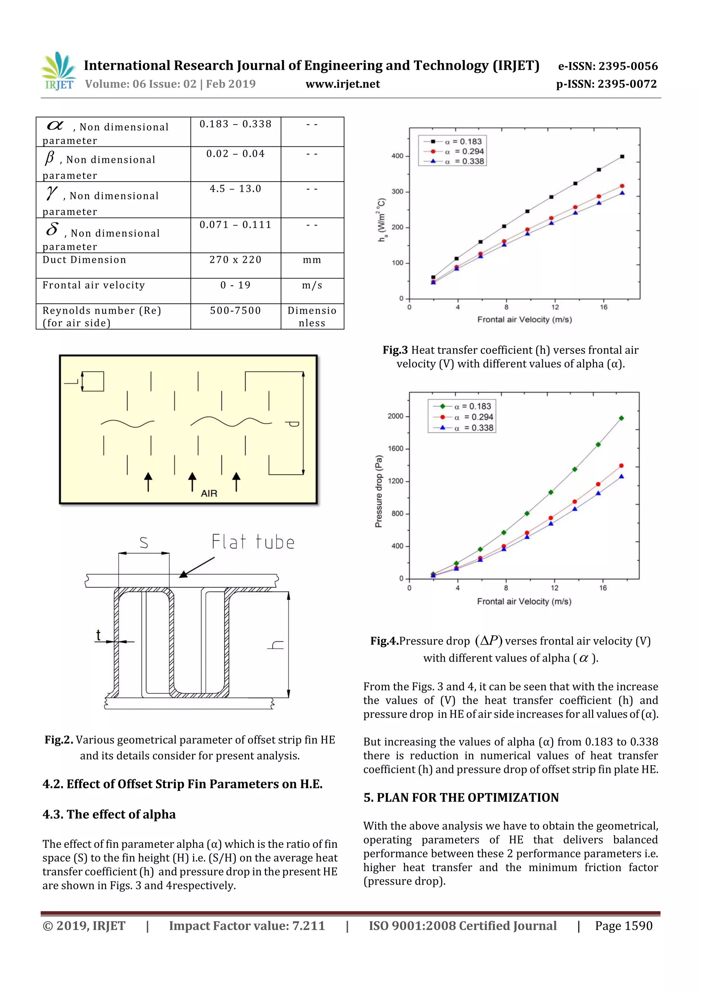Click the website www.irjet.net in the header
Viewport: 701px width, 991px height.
(x=343, y=84)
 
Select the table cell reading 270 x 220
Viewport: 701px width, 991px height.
(x=235, y=260)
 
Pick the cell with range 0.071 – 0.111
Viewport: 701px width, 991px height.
(x=235, y=225)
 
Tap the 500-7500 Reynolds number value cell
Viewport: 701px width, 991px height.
(x=235, y=311)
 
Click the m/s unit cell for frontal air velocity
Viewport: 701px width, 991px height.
(x=312, y=285)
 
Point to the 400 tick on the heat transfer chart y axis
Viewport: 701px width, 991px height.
(x=397, y=156)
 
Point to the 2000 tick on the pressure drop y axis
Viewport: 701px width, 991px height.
(x=395, y=416)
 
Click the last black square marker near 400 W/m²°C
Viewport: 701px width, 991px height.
(x=622, y=157)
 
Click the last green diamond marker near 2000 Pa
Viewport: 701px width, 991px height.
(x=621, y=418)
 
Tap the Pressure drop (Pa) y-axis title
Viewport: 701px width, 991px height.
(x=379, y=491)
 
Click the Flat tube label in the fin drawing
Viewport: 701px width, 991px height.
(x=253, y=542)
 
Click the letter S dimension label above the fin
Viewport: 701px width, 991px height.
(x=144, y=542)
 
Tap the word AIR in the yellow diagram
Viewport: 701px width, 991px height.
(x=209, y=493)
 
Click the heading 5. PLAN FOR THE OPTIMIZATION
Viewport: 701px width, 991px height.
(x=461, y=798)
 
